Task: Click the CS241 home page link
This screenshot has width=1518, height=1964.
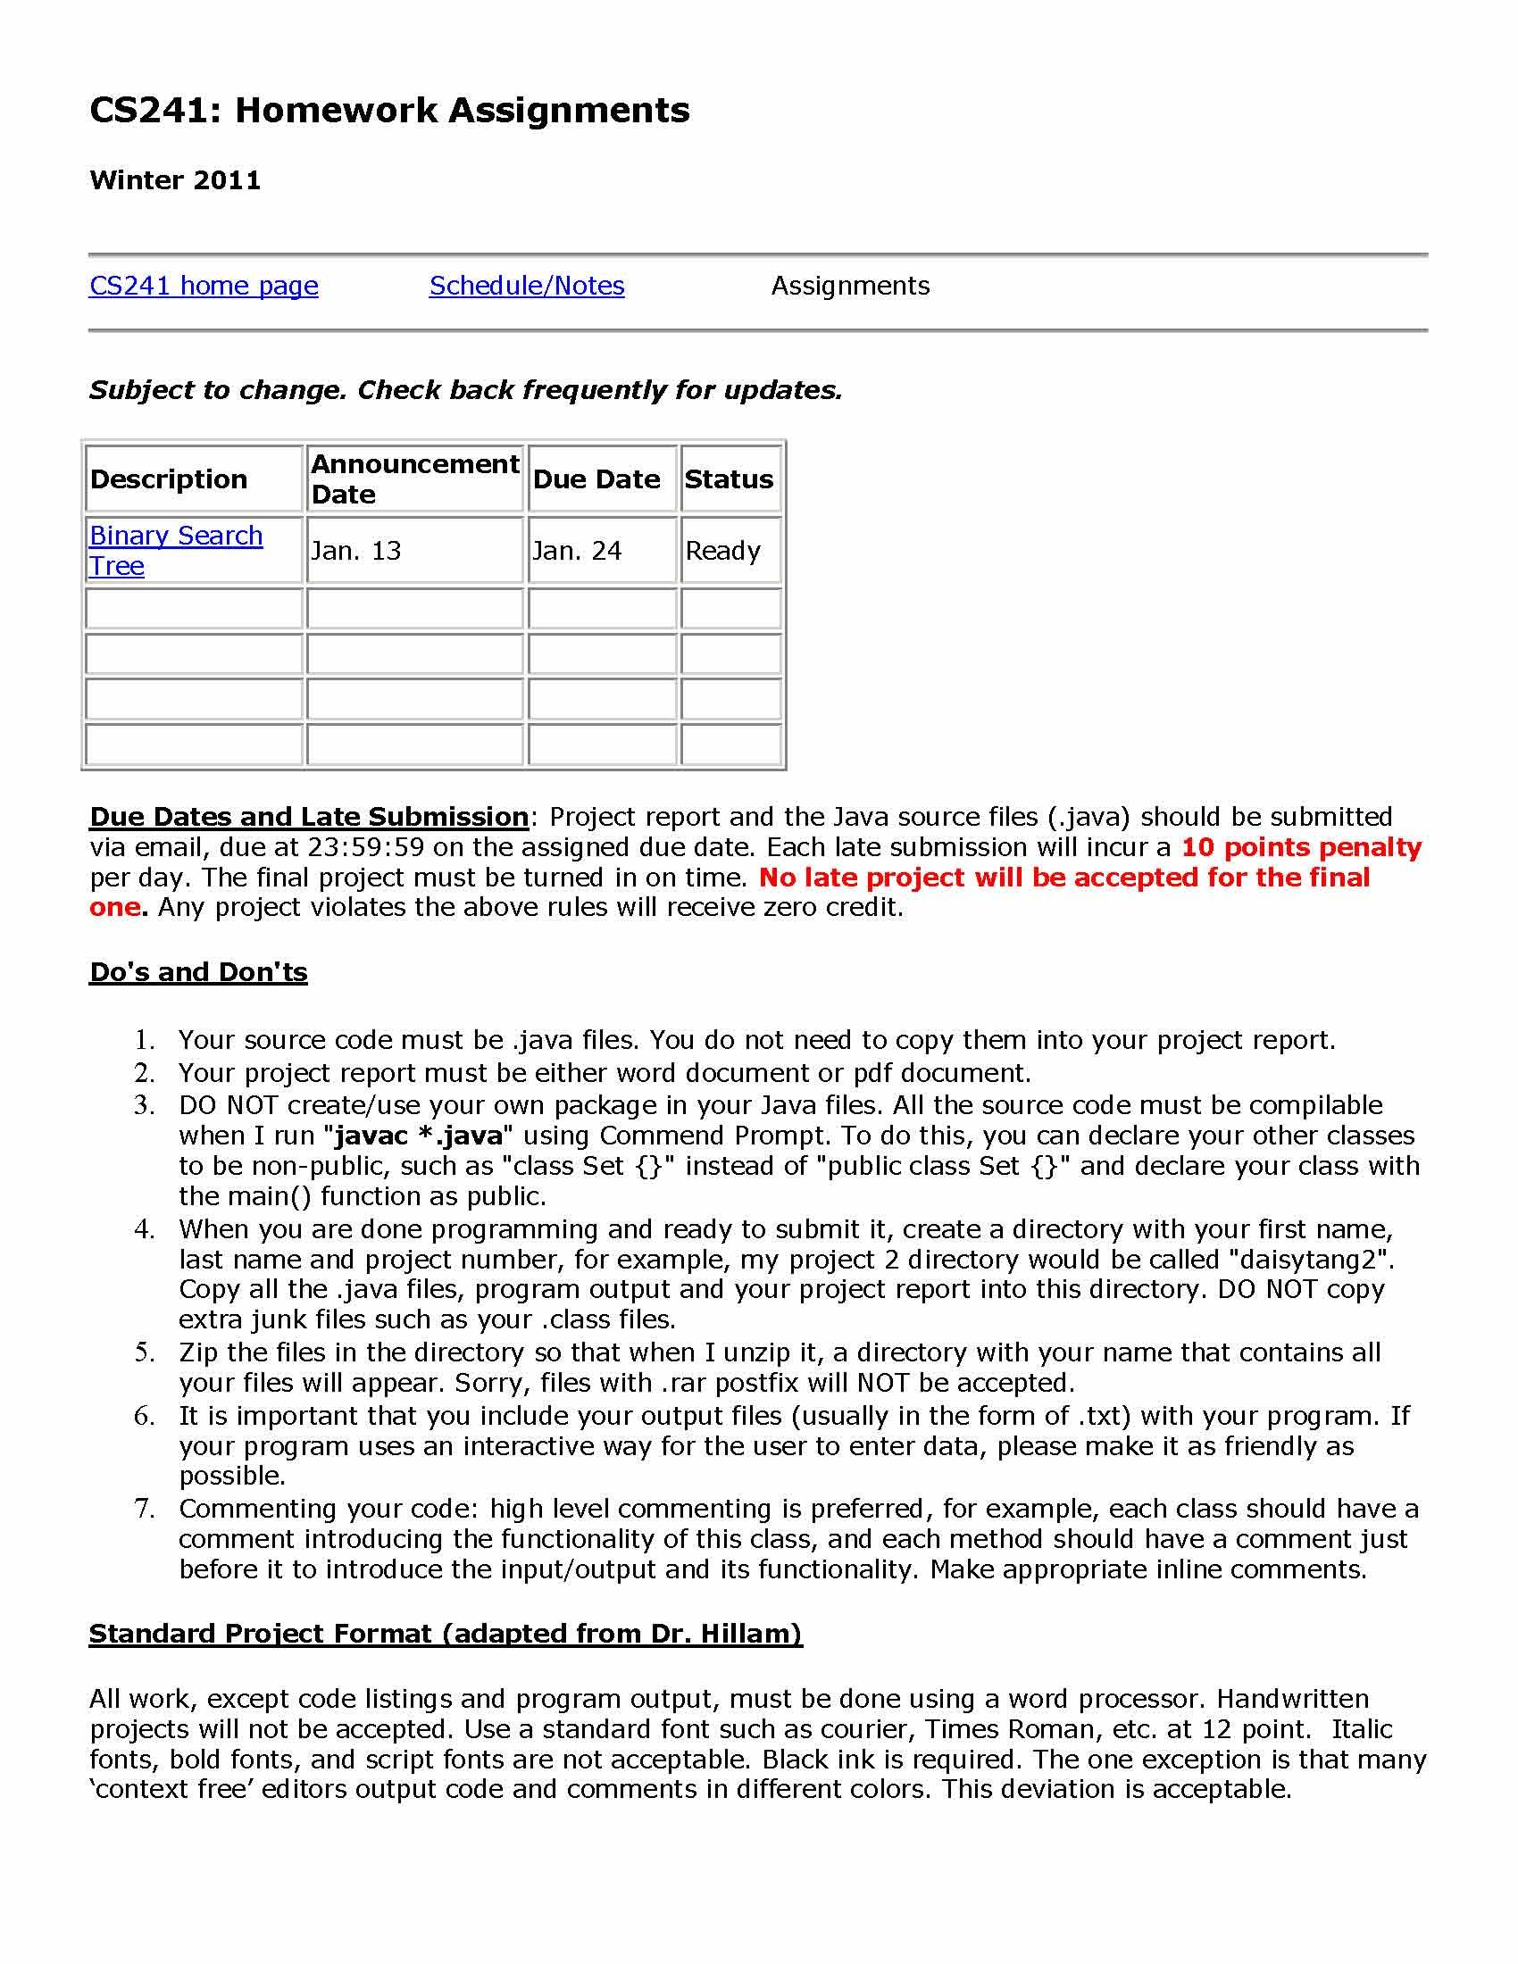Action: (x=204, y=286)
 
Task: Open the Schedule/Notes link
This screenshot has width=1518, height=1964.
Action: (x=526, y=286)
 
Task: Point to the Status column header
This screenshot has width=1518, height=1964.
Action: (x=729, y=479)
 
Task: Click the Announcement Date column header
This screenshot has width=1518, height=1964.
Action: (x=414, y=479)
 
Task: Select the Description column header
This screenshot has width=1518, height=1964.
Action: (x=169, y=479)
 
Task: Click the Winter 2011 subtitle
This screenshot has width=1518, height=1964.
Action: (x=175, y=179)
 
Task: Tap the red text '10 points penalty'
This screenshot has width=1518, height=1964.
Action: (x=1300, y=847)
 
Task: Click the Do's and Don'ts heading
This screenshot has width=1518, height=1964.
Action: (x=198, y=972)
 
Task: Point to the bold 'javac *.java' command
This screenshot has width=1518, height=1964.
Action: (x=418, y=1136)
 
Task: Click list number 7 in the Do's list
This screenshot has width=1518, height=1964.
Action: (x=144, y=1509)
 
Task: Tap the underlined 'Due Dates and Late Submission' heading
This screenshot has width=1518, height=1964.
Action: (x=308, y=817)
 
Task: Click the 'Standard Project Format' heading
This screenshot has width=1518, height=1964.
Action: (x=446, y=1634)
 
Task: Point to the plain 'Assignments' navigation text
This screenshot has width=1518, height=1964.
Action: (x=850, y=286)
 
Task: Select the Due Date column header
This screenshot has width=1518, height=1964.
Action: (x=596, y=479)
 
